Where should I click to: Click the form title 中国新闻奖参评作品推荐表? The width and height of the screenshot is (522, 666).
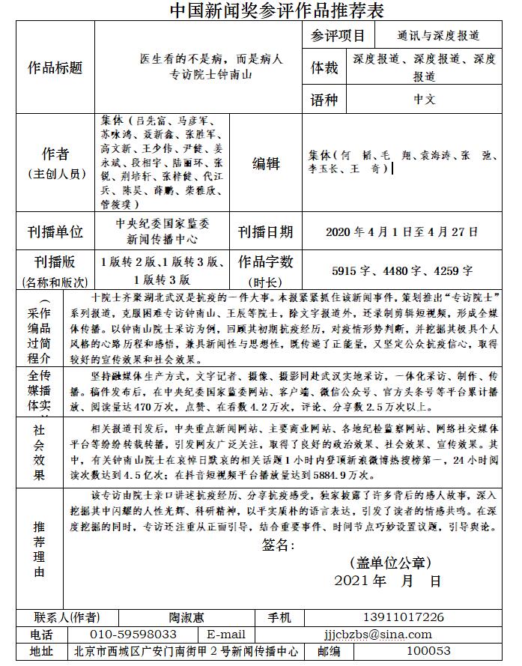261,10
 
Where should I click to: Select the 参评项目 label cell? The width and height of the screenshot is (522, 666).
338,35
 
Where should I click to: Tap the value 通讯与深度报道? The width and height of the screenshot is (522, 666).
438,35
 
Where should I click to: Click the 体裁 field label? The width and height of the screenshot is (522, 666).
325,68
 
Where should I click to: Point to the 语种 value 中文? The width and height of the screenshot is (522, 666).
424,98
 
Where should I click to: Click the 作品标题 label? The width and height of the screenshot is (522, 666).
55,67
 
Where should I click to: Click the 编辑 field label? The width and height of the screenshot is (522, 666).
266,163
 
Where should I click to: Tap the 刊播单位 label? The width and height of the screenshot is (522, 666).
55,232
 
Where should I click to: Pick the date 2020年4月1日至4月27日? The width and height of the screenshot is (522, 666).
402,232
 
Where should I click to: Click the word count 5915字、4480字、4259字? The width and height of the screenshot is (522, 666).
402,271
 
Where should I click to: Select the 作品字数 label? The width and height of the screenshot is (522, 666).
266,262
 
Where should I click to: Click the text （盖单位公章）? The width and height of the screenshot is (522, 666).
390,563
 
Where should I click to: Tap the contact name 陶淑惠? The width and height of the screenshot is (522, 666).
186,617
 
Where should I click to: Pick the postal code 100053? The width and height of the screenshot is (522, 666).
428,652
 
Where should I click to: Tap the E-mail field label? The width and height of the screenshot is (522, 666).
226,635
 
